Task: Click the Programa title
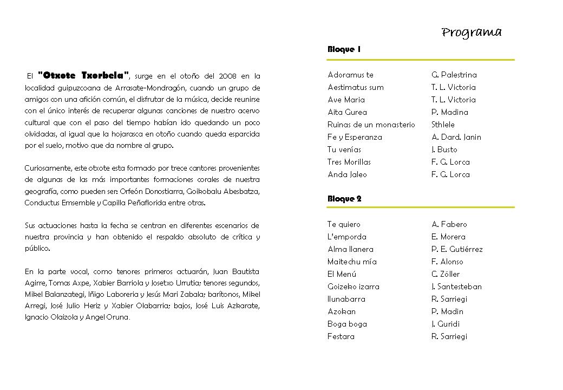472,32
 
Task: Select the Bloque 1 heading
344,49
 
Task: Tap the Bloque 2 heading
344,199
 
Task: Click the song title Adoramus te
350,75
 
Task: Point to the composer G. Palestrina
454,75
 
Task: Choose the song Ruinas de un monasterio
371,125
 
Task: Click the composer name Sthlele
443,125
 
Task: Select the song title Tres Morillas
349,162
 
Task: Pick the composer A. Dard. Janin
456,137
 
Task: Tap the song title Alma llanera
350,249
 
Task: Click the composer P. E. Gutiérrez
457,249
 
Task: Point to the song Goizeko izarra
353,287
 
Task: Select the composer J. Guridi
445,324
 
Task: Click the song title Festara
341,336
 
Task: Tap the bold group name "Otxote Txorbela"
84,75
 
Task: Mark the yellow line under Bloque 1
421,60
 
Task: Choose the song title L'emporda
346,237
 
